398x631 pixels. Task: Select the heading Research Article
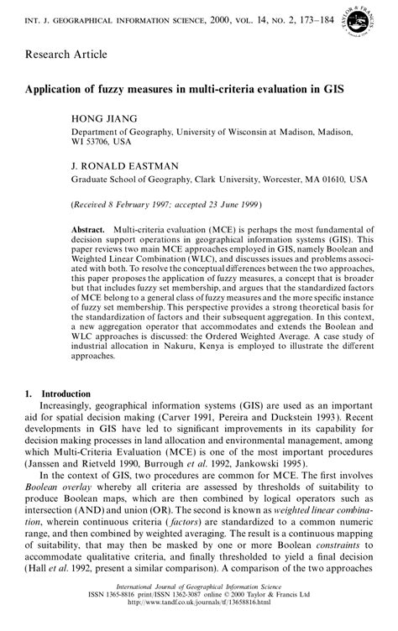(65, 55)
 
